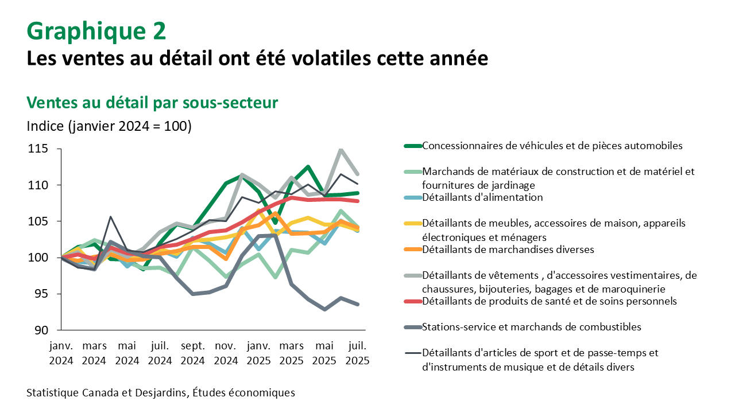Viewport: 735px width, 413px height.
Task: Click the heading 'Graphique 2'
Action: (96, 31)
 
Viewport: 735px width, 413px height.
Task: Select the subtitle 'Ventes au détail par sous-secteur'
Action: (152, 103)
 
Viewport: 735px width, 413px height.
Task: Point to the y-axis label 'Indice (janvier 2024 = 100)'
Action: (109, 126)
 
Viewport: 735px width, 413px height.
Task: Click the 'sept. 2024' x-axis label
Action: (193, 354)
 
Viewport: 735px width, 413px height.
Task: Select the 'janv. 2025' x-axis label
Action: (258, 354)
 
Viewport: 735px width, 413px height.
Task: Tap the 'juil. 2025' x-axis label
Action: (357, 354)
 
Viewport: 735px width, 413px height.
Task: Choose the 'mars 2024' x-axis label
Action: (94, 354)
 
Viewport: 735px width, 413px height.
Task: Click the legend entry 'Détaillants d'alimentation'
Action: (482, 197)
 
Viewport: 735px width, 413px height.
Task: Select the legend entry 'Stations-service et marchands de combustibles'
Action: (531, 327)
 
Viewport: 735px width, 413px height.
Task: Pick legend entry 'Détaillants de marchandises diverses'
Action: (508, 250)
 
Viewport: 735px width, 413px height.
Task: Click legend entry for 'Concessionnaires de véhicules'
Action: (552, 146)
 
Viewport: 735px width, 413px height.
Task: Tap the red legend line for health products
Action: (412, 302)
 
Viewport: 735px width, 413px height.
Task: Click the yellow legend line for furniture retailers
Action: (412, 224)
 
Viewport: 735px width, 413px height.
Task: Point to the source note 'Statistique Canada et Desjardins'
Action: (160, 393)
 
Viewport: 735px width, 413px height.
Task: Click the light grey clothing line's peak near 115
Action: (341, 150)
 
